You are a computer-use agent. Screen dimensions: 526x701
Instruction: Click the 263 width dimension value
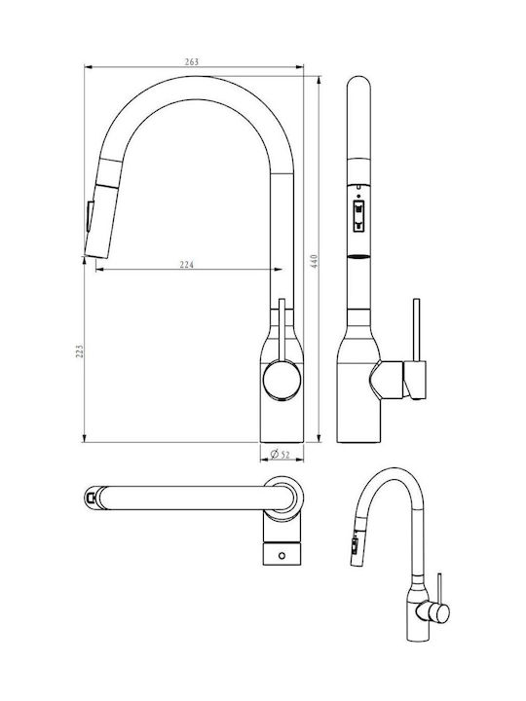(192, 62)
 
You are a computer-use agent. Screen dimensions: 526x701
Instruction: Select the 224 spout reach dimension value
(187, 265)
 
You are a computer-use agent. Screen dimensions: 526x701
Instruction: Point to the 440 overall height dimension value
(315, 261)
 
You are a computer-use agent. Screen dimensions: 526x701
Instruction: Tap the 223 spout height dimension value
(79, 350)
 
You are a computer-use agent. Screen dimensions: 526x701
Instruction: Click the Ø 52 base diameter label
(281, 455)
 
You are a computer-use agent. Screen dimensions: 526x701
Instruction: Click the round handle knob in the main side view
(282, 381)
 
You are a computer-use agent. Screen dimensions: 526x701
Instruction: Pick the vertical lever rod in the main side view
(282, 330)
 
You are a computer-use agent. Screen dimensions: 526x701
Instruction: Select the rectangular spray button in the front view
(358, 216)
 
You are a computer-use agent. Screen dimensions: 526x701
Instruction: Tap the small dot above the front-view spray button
(358, 195)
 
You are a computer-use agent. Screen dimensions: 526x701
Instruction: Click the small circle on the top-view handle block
(282, 556)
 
